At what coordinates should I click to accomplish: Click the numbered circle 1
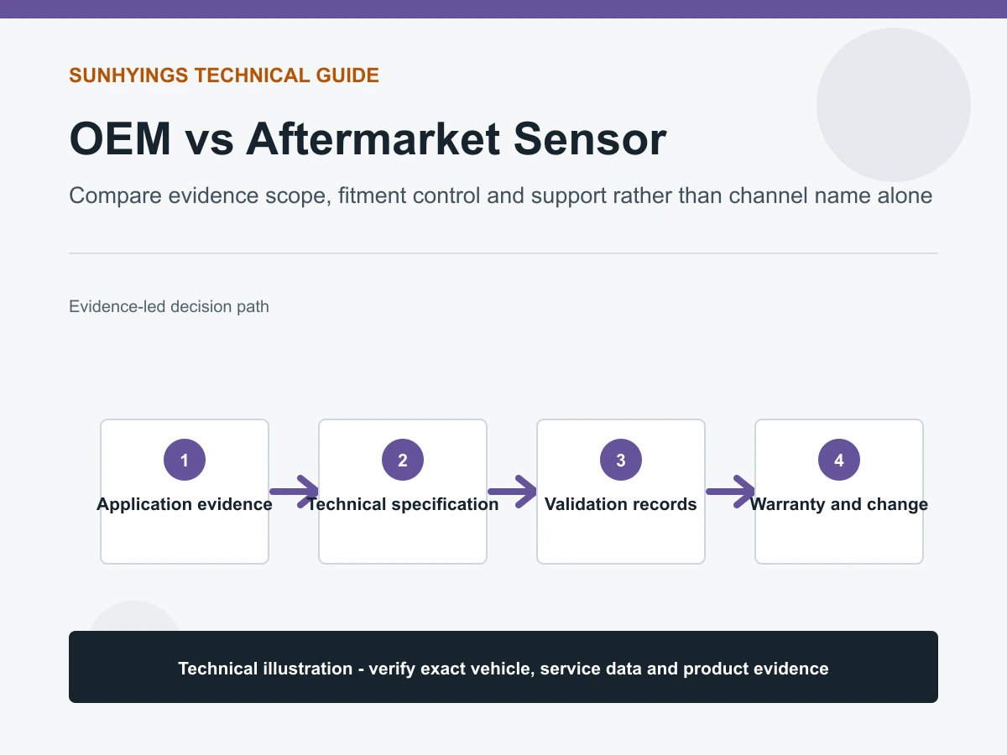click(185, 460)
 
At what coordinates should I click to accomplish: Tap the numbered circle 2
click(403, 460)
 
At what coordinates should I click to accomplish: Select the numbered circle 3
click(621, 460)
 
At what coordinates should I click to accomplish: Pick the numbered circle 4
click(839, 460)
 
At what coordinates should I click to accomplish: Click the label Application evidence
click(185, 504)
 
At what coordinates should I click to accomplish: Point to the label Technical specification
click(403, 504)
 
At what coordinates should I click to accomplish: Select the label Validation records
click(621, 504)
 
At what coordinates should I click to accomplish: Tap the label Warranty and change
click(839, 504)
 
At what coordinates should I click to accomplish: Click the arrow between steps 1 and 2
click(294, 492)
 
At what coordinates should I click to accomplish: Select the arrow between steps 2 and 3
click(512, 492)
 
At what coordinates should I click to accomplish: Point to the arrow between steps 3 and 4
click(730, 492)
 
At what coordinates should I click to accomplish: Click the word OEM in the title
click(120, 139)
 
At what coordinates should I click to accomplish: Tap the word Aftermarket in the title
click(373, 139)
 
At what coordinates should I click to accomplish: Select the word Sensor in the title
click(590, 139)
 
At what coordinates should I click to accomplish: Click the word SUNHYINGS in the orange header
click(128, 75)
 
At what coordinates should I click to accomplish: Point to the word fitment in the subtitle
click(372, 195)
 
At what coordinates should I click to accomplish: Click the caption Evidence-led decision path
click(169, 307)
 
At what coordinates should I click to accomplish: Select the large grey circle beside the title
click(894, 105)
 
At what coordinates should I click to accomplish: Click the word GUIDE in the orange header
click(347, 75)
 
